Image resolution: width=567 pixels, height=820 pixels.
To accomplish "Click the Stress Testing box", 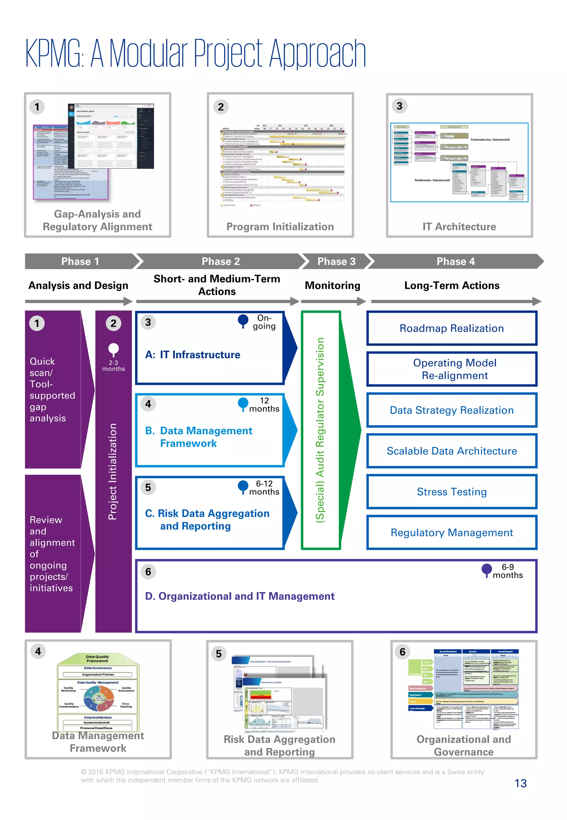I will tap(452, 491).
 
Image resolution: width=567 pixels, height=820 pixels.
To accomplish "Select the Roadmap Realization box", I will tap(452, 328).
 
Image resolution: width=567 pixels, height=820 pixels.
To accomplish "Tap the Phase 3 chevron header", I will tap(336, 261).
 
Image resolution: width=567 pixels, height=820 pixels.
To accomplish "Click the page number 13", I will tap(520, 783).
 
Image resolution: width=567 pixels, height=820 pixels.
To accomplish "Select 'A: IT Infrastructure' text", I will tap(192, 354).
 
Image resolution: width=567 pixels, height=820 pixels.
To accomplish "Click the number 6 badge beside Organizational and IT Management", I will tap(148, 571).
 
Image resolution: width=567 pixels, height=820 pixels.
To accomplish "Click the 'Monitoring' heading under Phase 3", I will tap(333, 285).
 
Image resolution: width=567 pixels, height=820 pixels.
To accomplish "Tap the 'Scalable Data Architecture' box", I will tap(452, 451).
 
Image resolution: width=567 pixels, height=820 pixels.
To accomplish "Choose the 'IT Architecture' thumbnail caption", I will tap(459, 226).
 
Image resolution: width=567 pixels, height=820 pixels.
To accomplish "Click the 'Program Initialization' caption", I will tap(280, 226).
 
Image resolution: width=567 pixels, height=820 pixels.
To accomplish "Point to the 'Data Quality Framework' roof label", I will tap(97, 658).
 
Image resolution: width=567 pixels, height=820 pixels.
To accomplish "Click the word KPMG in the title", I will tap(53, 54).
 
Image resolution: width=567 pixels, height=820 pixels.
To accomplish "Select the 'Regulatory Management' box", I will tap(452, 532).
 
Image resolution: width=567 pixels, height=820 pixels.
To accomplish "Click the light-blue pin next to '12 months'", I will tap(243, 403).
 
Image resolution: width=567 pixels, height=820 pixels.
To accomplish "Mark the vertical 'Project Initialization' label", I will tap(113, 471).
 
